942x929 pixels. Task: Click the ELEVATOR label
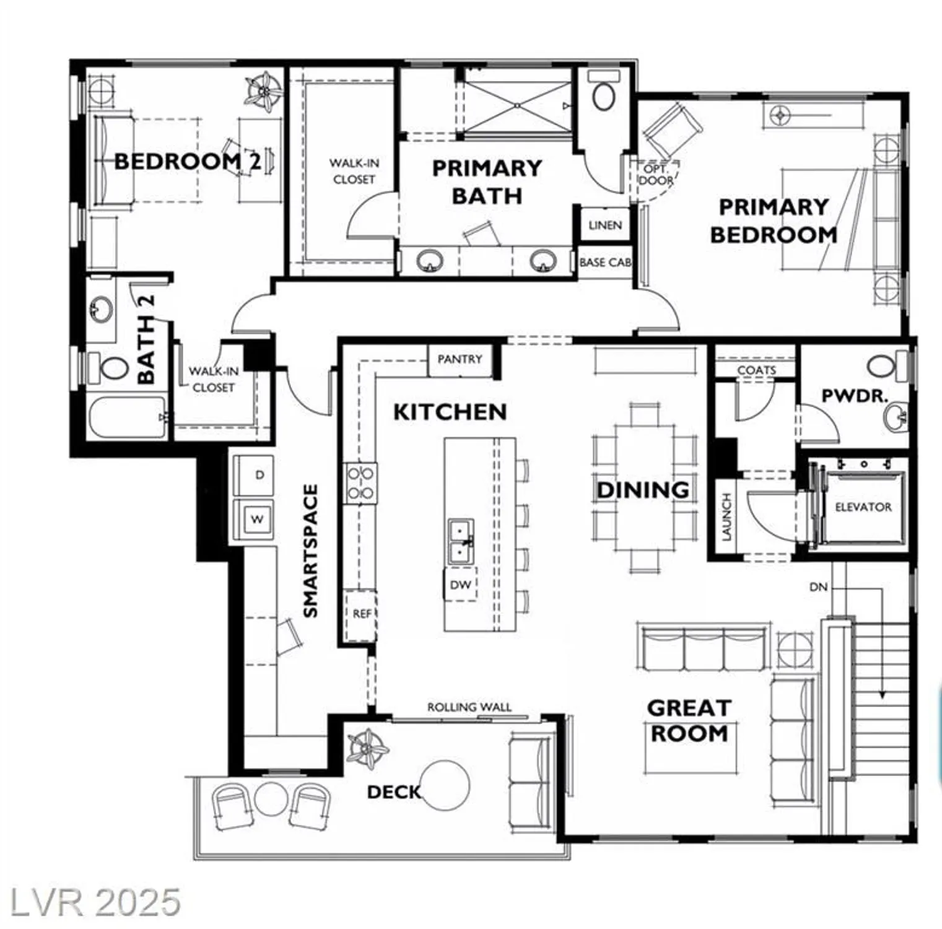863,507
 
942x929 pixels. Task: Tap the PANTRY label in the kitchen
460,359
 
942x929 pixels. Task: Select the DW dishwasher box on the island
460,584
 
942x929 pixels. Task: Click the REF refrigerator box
361,614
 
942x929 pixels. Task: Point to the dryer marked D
259,475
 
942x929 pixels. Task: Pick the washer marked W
256,519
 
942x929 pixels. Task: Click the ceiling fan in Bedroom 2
264,92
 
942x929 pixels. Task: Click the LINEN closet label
605,225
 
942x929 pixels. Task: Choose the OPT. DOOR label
656,175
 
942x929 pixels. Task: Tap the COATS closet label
756,370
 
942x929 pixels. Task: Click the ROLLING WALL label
469,707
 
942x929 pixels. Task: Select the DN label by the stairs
818,587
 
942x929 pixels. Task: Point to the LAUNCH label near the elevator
726,517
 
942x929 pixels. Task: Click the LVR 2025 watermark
95,902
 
